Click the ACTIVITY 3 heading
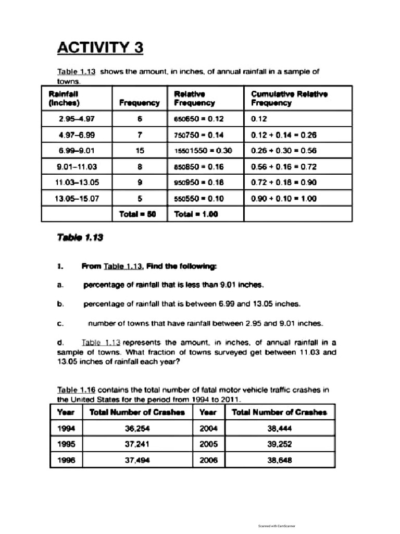coord(100,48)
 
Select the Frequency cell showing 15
coord(140,151)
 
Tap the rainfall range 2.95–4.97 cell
coord(77,119)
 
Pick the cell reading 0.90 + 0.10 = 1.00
coord(284,198)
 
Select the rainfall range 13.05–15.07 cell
coord(77,198)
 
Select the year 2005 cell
coord(208,444)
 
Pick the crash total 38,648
coord(279,460)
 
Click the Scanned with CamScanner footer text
coord(277,526)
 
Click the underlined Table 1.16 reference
coord(76,390)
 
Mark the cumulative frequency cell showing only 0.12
coord(258,119)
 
